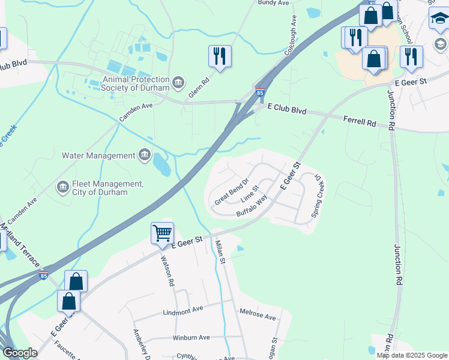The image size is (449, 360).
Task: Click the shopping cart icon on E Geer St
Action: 162,232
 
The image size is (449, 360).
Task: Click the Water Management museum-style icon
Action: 144,156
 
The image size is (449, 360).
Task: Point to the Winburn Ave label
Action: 191,338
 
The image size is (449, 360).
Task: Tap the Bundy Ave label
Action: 274,3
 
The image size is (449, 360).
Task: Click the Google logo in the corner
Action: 20,353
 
